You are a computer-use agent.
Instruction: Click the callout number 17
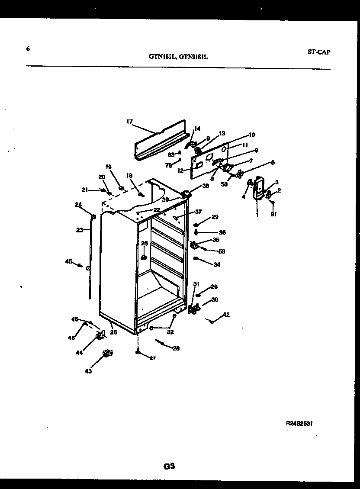point(129,122)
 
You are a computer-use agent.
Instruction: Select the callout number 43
point(88,371)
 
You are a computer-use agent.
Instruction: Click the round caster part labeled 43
point(106,354)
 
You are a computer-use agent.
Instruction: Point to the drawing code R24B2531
point(299,424)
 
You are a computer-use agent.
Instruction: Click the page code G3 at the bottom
point(169,466)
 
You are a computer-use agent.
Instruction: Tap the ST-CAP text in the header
point(319,52)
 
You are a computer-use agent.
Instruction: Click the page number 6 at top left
point(28,49)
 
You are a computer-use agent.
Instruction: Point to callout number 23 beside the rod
point(79,230)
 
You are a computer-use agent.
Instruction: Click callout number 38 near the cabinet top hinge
point(206,186)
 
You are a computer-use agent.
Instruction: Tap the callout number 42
point(226,315)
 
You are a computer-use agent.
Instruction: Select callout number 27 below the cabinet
point(152,358)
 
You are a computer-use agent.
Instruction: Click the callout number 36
point(222,232)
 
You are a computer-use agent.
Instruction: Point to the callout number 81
point(273,214)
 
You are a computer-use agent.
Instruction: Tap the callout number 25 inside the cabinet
point(144,243)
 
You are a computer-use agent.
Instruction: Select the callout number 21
point(85,190)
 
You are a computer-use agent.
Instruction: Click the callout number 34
point(217,265)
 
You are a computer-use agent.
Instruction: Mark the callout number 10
point(251,135)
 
